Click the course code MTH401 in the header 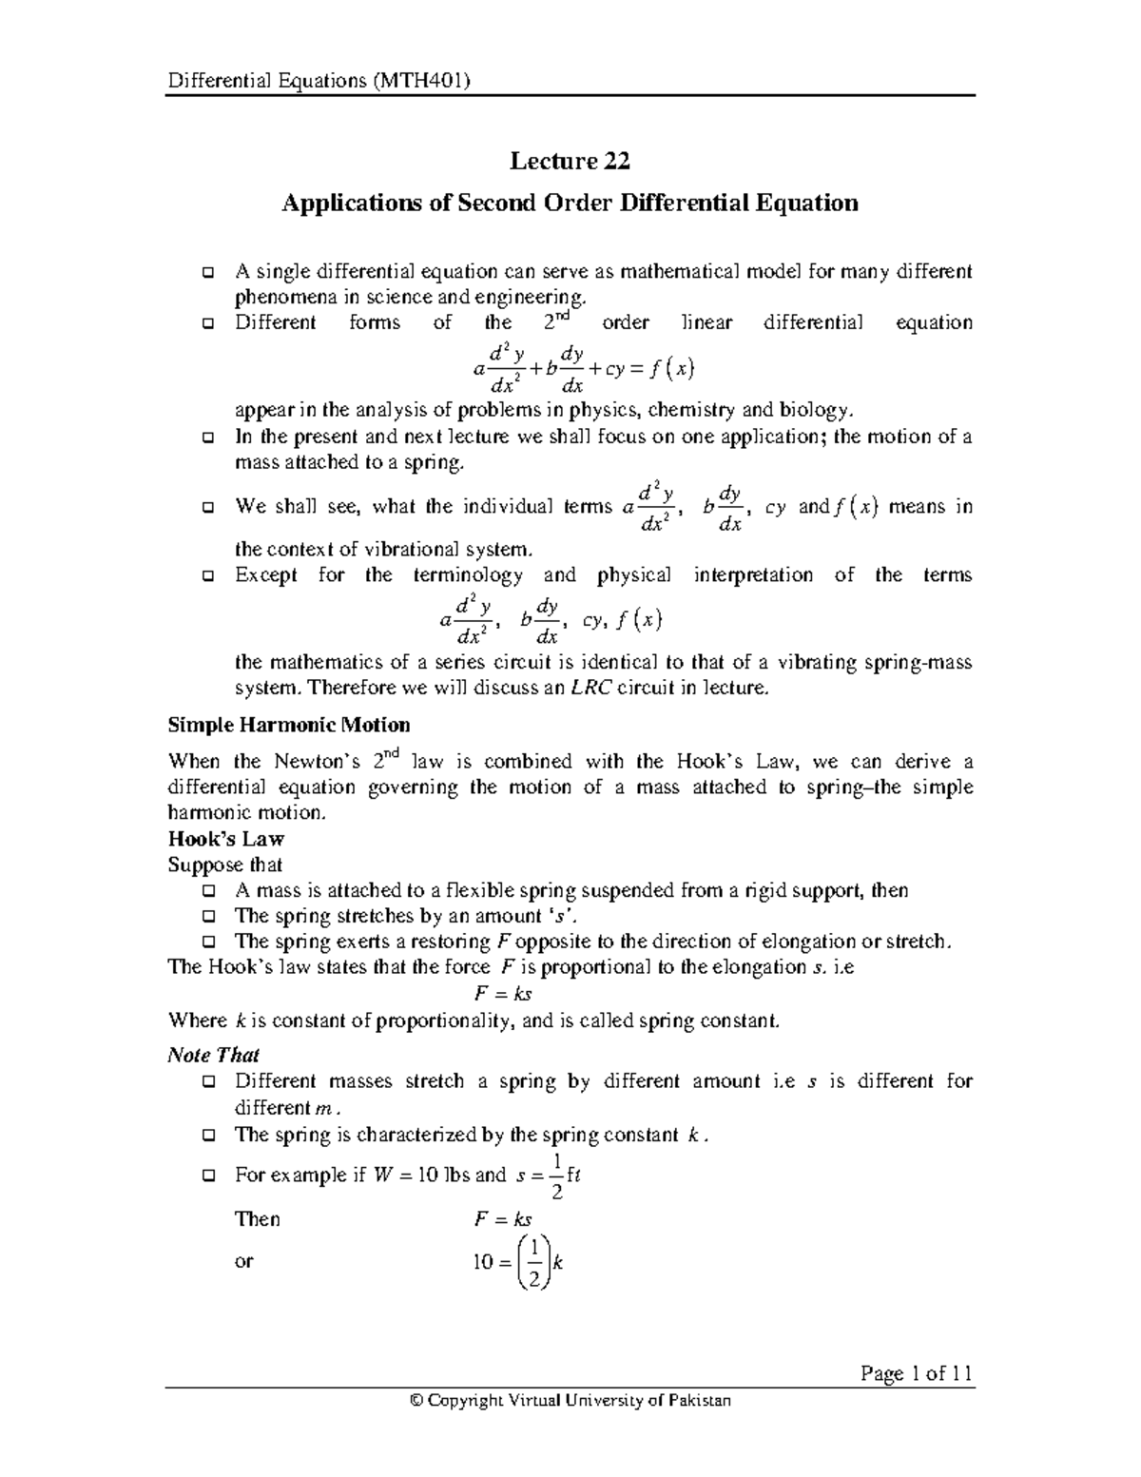coord(420,81)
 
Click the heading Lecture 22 coord(570,161)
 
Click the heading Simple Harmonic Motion coord(289,725)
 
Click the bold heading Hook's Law coord(226,839)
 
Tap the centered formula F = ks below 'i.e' coord(503,994)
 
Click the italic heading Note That coord(213,1055)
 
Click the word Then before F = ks coord(257,1219)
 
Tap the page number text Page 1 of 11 coord(916,1373)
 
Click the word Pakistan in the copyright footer coord(699,1401)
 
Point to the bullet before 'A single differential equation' coord(208,273)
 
